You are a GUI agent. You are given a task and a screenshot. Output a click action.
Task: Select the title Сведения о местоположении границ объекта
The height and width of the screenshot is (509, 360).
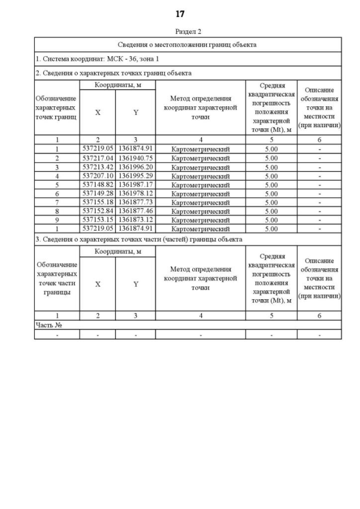(x=187, y=44)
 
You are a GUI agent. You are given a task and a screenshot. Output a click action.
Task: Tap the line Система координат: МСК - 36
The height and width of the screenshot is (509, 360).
(x=89, y=58)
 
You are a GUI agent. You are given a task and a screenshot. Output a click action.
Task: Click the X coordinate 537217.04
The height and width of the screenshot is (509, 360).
(x=97, y=158)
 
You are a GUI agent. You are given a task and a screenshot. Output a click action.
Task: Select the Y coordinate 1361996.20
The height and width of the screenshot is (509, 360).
(x=136, y=167)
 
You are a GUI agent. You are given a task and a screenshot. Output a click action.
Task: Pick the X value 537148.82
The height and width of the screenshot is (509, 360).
(x=97, y=184)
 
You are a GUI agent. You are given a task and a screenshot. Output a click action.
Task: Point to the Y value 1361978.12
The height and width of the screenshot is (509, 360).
(x=136, y=193)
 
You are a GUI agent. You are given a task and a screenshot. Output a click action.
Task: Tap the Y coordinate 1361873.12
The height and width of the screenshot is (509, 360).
(x=136, y=220)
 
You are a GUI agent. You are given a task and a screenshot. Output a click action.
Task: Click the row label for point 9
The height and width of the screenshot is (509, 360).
(x=57, y=220)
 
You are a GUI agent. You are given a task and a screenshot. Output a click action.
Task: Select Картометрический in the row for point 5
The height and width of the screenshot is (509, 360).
(x=200, y=184)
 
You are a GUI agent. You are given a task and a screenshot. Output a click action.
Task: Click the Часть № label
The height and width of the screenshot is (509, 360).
(x=48, y=325)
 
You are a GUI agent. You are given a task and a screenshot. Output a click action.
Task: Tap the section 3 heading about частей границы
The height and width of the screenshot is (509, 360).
(x=139, y=239)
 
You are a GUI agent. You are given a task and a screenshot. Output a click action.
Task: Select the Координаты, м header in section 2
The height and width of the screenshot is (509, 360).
(x=117, y=84)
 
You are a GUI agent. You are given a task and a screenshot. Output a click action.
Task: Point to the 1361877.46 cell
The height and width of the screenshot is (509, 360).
(x=136, y=211)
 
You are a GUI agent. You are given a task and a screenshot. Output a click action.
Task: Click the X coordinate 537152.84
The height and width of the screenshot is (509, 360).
(x=97, y=211)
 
